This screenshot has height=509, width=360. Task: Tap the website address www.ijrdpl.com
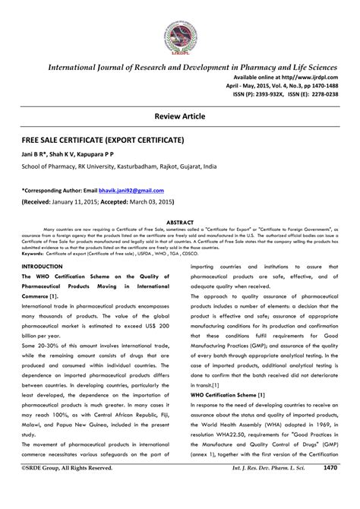(x=305, y=79)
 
